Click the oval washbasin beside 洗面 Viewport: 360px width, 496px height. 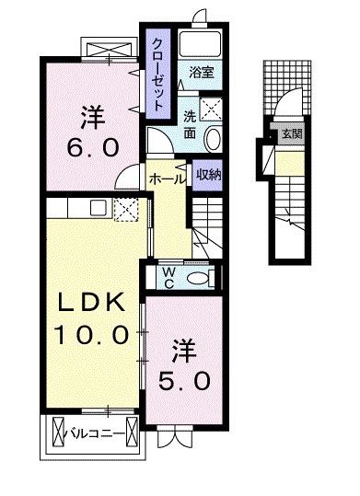coord(214,139)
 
